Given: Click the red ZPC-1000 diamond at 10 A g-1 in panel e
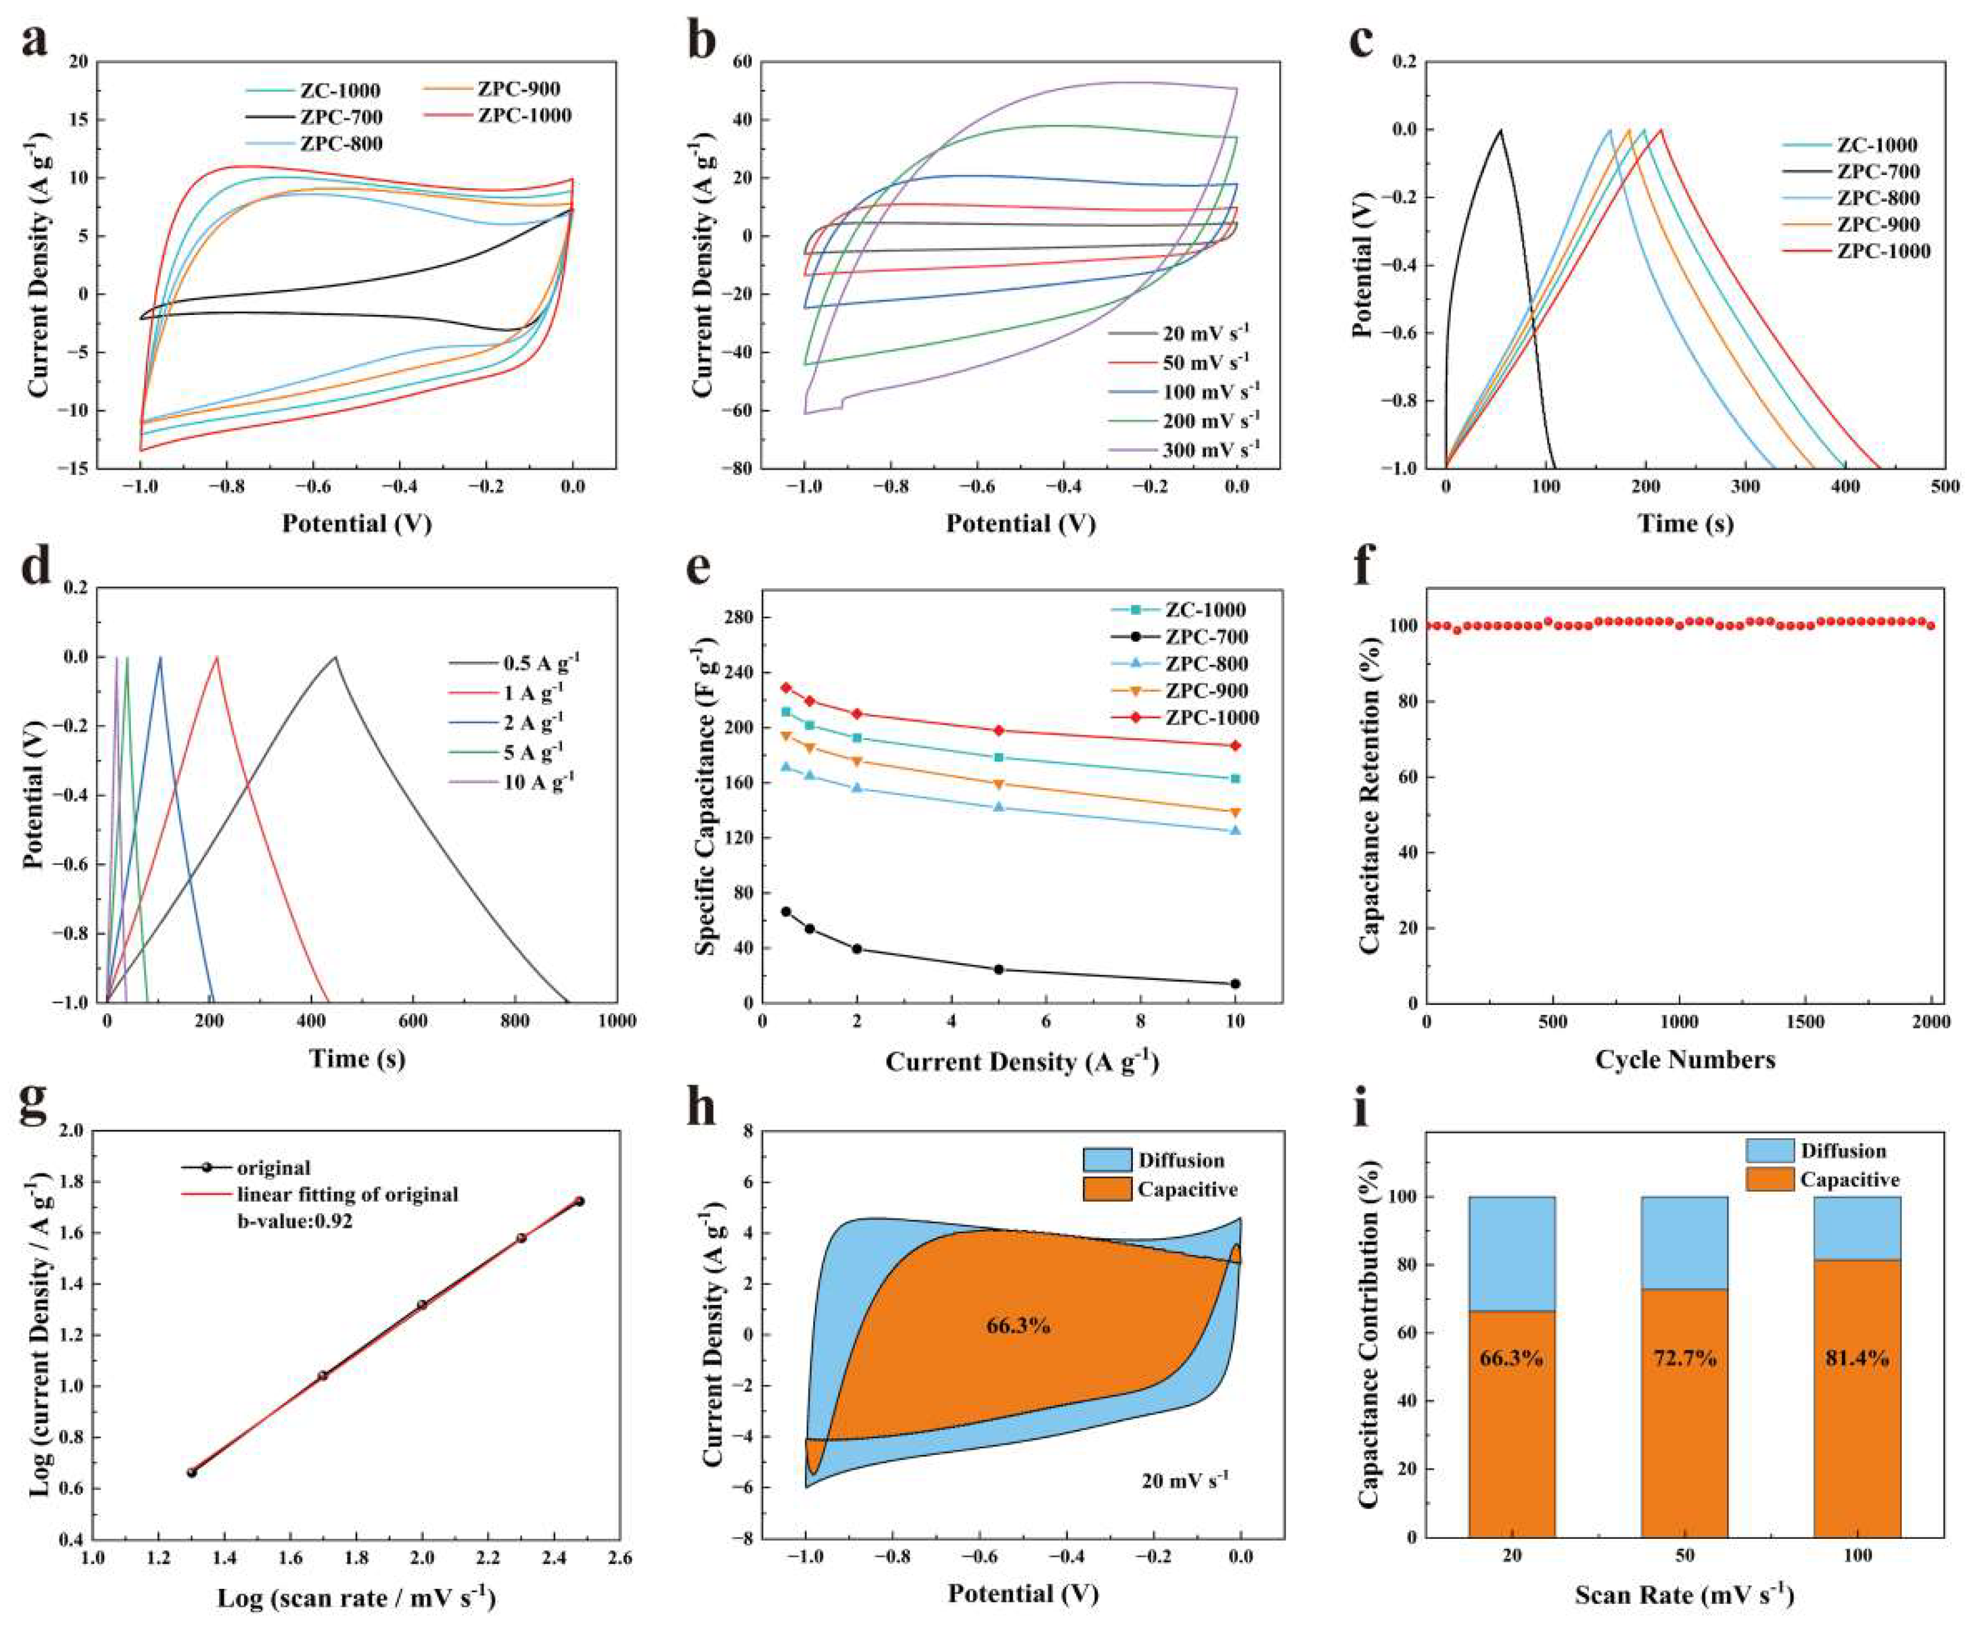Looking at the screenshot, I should (1235, 746).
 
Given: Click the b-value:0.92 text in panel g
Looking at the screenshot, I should (294, 1221).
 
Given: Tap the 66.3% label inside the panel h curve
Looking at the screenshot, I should (1018, 1325).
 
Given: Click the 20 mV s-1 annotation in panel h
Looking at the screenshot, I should (1185, 1480).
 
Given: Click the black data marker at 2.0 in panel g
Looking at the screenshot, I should (422, 1304).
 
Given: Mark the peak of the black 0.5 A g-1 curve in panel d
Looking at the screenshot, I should (335, 657).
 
